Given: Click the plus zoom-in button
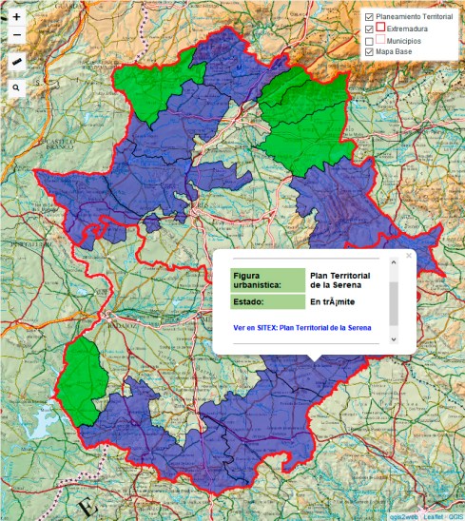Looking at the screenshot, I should [16, 17].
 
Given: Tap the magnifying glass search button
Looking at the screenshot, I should [16, 87].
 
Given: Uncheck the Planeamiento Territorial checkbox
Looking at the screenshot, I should [370, 17].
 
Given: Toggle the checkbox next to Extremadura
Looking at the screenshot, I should [370, 29].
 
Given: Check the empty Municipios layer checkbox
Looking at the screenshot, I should [370, 41].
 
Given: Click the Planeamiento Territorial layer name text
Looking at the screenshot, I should [415, 17].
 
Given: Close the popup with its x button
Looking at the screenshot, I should [409, 256].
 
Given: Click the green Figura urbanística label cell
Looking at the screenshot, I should [267, 280].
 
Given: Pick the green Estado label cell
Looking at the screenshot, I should [267, 302].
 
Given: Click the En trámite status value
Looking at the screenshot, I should [332, 302].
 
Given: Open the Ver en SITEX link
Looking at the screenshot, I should [301, 327].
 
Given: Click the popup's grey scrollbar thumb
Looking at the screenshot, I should [394, 302].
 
